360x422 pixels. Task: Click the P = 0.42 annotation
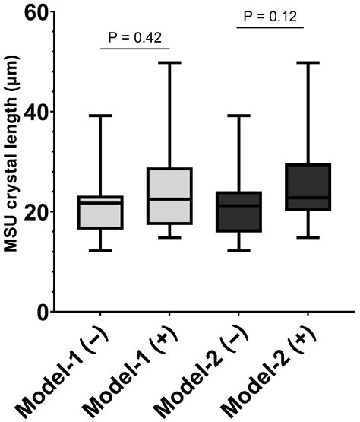click(x=134, y=36)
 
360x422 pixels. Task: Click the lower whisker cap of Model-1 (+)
click(x=169, y=237)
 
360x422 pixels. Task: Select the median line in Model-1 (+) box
click(x=169, y=199)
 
